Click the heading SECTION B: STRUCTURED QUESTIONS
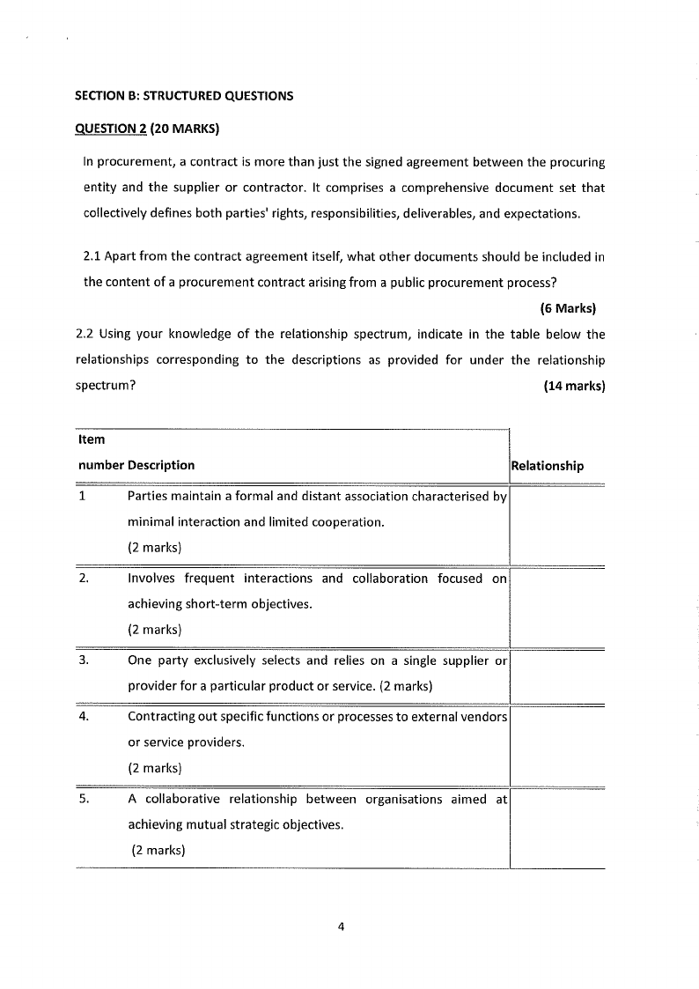click(183, 95)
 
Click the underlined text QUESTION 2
click(111, 129)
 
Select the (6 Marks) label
click(567, 308)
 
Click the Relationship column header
click(547, 466)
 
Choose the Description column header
click(161, 465)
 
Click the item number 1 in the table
click(82, 496)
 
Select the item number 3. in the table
click(84, 661)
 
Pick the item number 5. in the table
click(84, 800)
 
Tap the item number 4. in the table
click(84, 716)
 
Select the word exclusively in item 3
click(222, 661)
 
